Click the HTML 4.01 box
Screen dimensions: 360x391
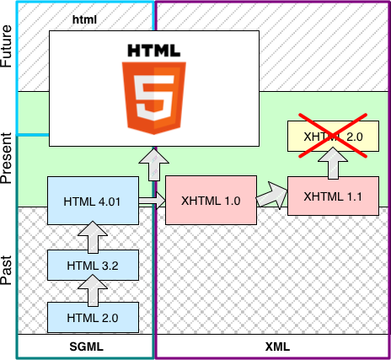click(93, 201)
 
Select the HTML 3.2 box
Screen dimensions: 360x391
click(93, 265)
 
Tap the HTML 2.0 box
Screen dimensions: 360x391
click(93, 318)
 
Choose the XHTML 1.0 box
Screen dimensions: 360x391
click(211, 201)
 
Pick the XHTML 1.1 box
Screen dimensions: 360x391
click(332, 196)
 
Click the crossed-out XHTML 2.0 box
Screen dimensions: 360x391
click(332, 136)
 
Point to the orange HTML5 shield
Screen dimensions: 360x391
click(153, 94)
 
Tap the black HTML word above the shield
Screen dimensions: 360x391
click(153, 51)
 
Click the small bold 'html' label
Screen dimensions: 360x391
click(85, 18)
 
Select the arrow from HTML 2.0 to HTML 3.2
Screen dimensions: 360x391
click(93, 292)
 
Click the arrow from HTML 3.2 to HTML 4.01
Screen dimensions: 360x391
click(93, 237)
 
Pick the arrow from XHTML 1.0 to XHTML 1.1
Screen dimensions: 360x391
click(271, 198)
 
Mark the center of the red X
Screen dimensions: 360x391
click(332, 136)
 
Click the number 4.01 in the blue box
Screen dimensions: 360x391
click(109, 201)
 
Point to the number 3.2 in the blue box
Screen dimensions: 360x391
click(109, 265)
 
